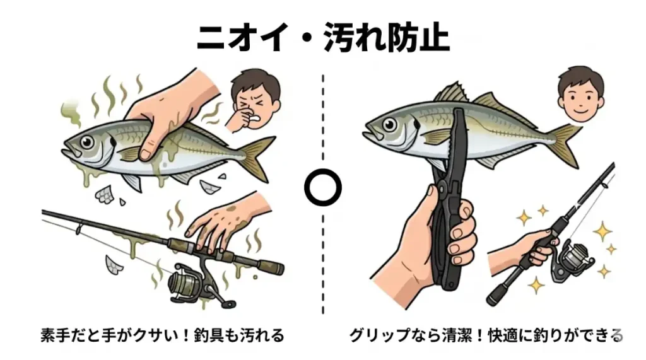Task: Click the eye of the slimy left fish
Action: pyautogui.click(x=87, y=142)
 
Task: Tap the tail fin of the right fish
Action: pyautogui.click(x=566, y=144)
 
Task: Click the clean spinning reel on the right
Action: pyautogui.click(x=574, y=257)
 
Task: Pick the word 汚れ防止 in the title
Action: pyautogui.click(x=386, y=38)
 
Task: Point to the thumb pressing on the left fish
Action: pyautogui.click(x=148, y=144)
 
